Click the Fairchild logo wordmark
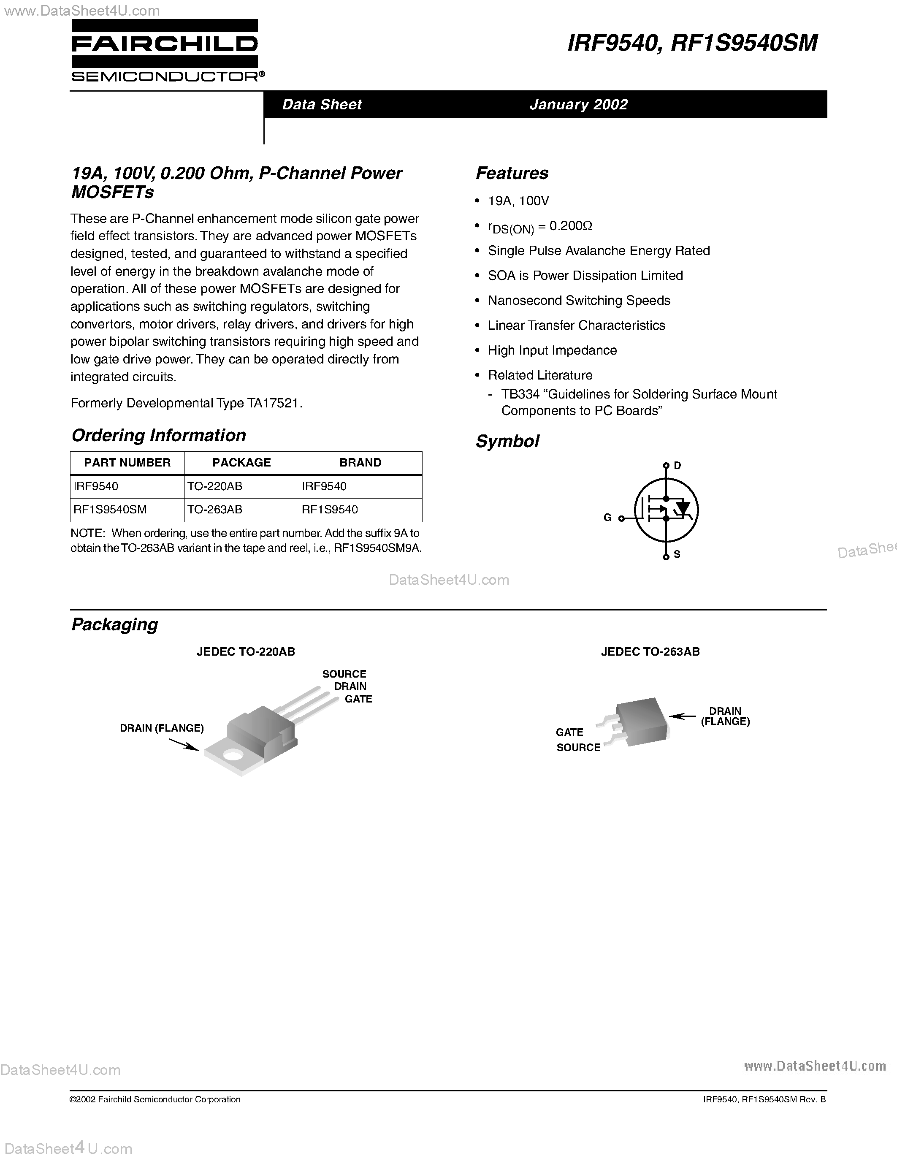(165, 44)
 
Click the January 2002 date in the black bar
(578, 104)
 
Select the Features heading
(512, 173)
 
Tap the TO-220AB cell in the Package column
(215, 486)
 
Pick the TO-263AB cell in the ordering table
(215, 509)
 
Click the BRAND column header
(360, 462)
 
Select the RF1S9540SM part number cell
(110, 509)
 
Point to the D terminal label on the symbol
(677, 466)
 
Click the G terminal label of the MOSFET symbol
(607, 517)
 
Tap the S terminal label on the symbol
(677, 554)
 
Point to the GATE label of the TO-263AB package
(569, 732)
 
